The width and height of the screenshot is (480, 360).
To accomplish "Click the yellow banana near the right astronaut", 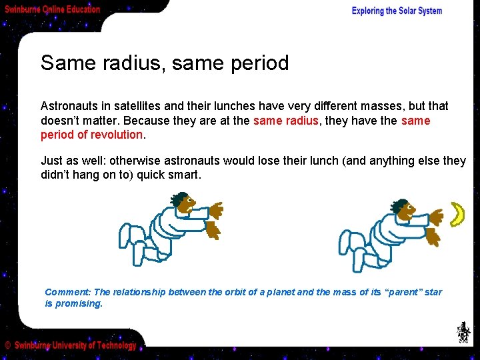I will pyautogui.click(x=457, y=214).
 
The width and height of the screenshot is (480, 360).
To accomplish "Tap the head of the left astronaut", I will pyautogui.click(x=181, y=201).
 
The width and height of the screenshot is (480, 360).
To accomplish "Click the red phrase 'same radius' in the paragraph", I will pyautogui.click(x=285, y=121).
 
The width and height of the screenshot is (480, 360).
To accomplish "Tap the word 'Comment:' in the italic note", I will pyautogui.click(x=67, y=292).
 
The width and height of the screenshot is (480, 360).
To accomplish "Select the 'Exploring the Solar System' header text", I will pyautogui.click(x=397, y=11).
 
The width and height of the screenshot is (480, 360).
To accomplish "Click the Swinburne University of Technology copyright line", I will pyautogui.click(x=71, y=345).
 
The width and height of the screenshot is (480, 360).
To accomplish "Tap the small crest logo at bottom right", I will pyautogui.click(x=463, y=332).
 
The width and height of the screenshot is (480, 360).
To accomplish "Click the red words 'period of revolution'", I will pyautogui.click(x=92, y=135).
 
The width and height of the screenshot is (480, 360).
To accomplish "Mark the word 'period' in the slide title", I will pyautogui.click(x=257, y=63).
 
